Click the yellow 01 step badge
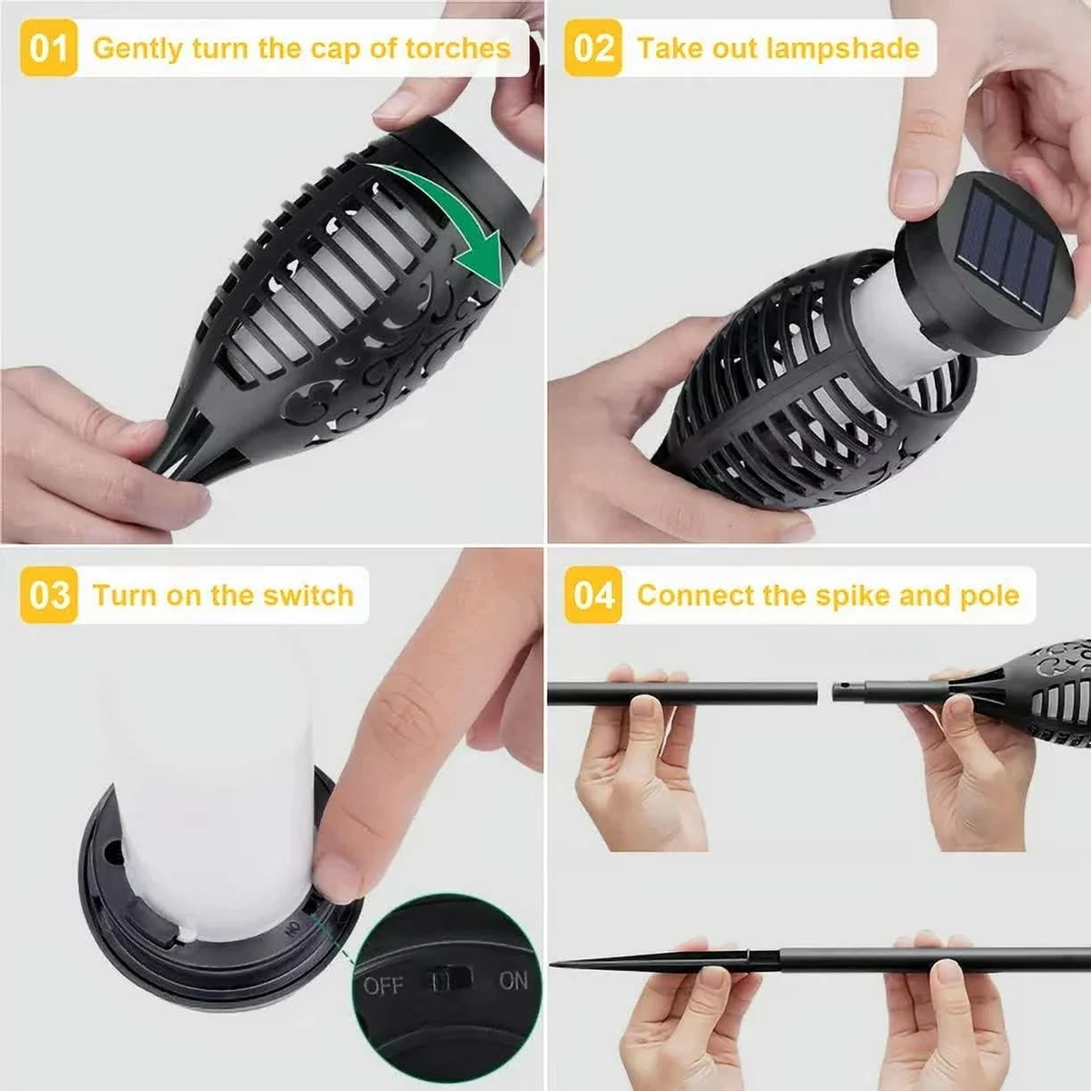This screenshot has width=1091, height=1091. tap(49, 48)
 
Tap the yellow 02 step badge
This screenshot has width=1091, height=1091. tap(593, 48)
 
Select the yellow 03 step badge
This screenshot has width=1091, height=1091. tap(49, 595)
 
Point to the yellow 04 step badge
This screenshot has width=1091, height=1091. tap(593, 595)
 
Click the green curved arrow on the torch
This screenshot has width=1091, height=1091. tap(453, 209)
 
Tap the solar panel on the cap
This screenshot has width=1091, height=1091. tap(1006, 249)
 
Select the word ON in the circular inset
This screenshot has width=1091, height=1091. tap(513, 981)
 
